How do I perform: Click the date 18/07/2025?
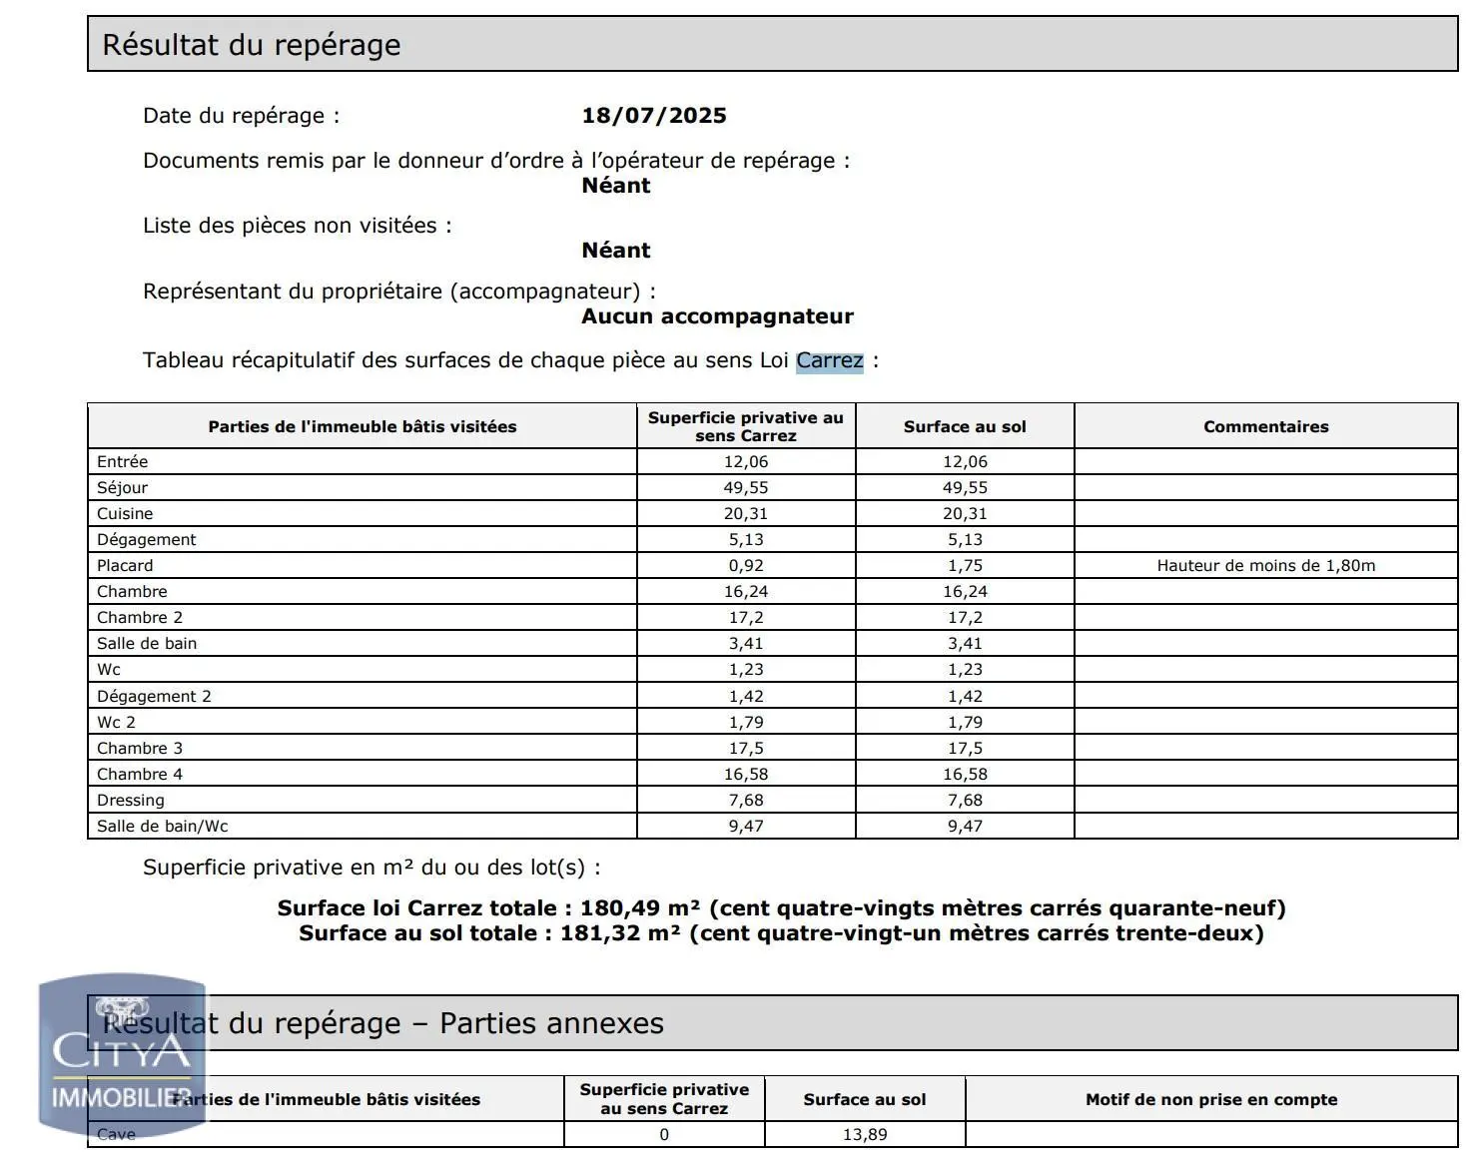[654, 115]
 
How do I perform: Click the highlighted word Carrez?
[829, 360]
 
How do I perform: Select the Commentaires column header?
[1265, 426]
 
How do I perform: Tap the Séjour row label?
[122, 487]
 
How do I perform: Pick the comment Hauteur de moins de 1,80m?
[1265, 565]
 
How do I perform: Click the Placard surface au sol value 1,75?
[965, 565]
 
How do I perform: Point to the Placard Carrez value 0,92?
[746, 565]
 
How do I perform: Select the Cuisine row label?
[125, 513]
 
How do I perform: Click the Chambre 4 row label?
[140, 774]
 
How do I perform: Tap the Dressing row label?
[131, 800]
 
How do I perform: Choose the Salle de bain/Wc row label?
[163, 826]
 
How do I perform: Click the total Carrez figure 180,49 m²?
[639, 908]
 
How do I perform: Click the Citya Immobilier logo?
[122, 1055]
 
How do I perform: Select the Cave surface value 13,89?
[865, 1134]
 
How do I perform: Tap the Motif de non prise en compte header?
[1211, 1099]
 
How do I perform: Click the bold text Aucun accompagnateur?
[717, 316]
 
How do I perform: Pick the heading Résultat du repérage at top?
[252, 45]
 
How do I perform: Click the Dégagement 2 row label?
[154, 696]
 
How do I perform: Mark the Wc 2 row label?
[116, 722]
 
